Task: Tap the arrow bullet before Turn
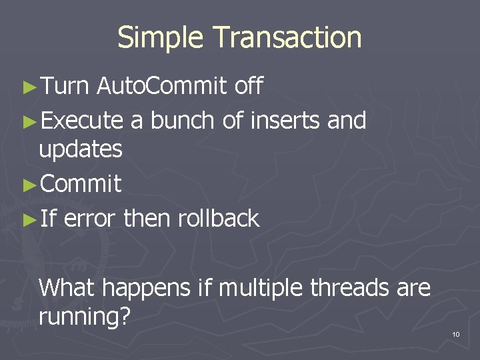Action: pos(29,87)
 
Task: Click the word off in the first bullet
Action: pos(249,86)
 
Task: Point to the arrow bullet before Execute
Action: pos(29,121)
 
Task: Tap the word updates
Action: pos(81,150)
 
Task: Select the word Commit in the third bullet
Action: pos(81,184)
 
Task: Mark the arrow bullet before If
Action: pos(29,219)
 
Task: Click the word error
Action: pos(91,218)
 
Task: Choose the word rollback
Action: pos(219,218)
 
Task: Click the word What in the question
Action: pos(69,288)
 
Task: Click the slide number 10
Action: pos(456,334)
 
